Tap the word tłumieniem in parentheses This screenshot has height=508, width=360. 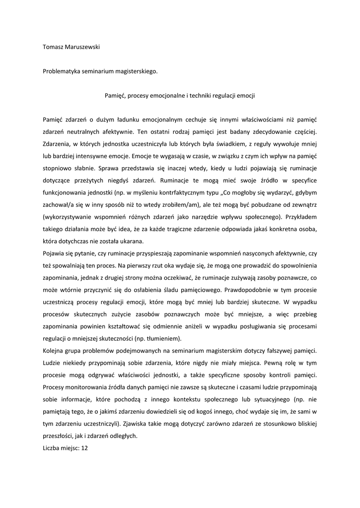[x=165, y=338]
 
